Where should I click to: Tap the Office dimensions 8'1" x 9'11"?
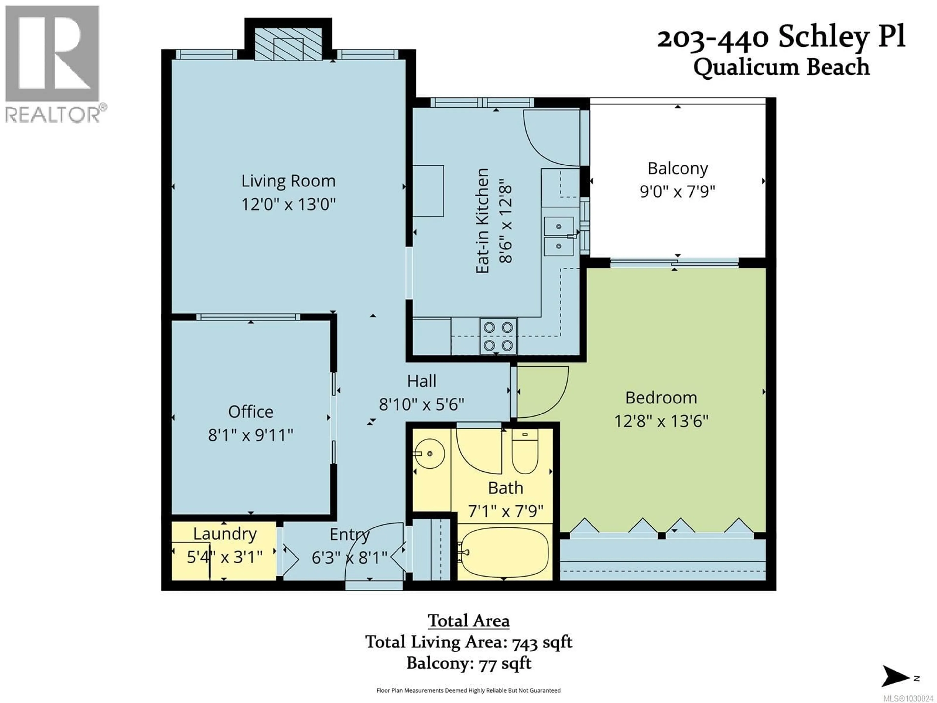250,435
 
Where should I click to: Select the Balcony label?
677,168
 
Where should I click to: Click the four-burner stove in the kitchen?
498,336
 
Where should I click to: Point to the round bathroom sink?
429,454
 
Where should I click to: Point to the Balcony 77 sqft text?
468,663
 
